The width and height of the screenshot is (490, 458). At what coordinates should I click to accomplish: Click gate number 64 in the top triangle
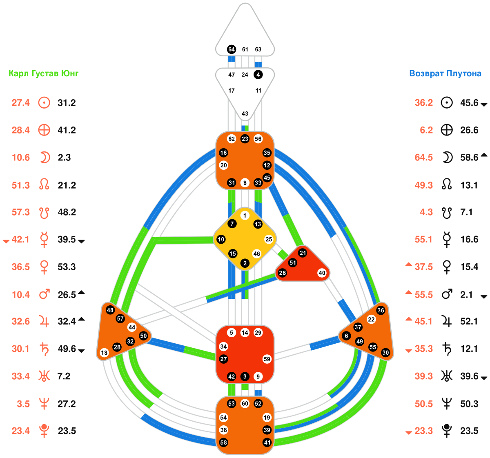[232, 49]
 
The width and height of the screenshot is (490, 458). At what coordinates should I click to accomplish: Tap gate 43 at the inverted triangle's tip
[245, 113]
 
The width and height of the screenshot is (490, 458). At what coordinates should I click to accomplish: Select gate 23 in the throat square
[245, 139]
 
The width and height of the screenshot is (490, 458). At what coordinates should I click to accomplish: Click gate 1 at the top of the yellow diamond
[245, 216]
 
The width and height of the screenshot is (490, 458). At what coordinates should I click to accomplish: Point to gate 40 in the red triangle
[322, 273]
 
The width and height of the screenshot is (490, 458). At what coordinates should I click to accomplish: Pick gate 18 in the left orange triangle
[104, 353]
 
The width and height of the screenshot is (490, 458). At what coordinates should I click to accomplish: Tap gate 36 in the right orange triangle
[381, 310]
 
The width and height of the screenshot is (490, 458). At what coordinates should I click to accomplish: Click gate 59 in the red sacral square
[267, 359]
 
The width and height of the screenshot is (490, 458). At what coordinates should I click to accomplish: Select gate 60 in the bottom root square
[245, 404]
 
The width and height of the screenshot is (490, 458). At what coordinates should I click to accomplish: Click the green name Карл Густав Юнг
[44, 73]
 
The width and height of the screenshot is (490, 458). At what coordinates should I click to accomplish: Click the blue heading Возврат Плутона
[445, 73]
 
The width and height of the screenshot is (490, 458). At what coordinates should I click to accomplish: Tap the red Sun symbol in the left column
[44, 102]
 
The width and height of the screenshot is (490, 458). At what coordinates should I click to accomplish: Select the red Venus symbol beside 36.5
[44, 267]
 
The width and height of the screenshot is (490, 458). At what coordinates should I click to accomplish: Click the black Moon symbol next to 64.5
[448, 158]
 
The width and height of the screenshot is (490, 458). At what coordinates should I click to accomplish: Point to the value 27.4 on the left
[21, 103]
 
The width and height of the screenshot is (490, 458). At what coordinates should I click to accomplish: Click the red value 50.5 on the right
[424, 404]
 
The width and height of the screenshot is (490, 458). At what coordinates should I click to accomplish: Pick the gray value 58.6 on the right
[469, 158]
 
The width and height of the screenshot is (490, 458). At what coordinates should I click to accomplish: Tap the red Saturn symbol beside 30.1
[44, 349]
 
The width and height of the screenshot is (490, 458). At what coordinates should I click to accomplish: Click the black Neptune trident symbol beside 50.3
[448, 404]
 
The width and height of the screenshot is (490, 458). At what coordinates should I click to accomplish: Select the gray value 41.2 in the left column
[67, 130]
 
